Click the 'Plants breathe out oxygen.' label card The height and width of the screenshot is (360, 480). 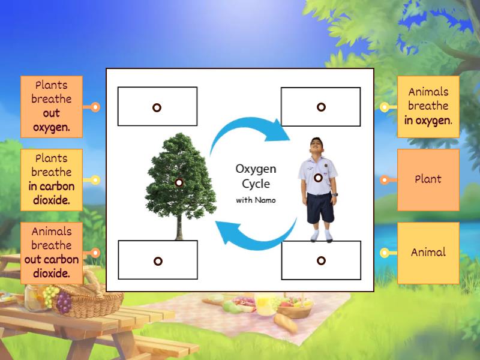coord(52,106)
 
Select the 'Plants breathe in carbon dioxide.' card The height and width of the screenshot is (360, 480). coord(52,179)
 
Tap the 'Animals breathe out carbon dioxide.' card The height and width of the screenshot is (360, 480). coord(52,253)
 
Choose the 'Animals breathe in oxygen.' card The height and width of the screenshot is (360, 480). coord(428,106)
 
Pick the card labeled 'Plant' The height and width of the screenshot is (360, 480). coord(428,179)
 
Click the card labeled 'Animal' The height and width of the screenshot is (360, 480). coord(428,253)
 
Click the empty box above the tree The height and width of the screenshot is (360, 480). coord(157,107)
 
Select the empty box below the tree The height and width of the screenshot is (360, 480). coord(157,260)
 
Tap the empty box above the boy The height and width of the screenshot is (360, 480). coord(321,107)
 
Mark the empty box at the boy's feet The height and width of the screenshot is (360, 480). coord(321,260)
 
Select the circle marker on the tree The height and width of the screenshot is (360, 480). coord(179,182)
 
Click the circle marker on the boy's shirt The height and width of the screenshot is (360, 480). coord(318,178)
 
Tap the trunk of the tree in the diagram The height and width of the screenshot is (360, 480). coord(179,225)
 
